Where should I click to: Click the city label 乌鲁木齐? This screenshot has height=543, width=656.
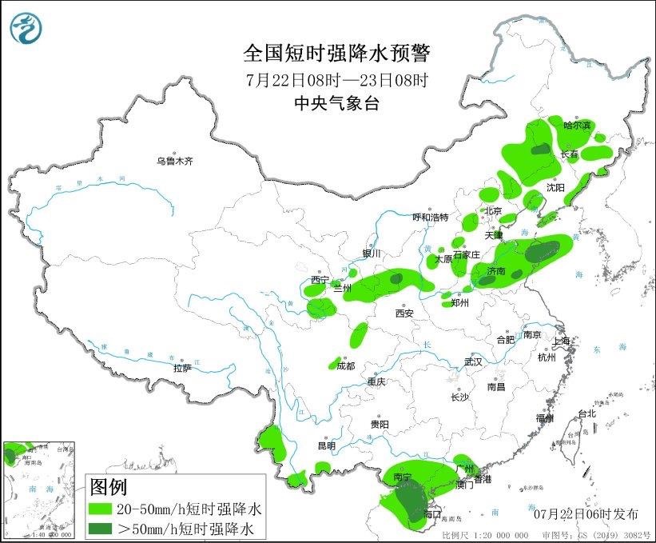(175, 161)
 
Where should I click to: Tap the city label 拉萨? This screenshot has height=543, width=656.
(182, 369)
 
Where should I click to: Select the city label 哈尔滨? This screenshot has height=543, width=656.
(577, 126)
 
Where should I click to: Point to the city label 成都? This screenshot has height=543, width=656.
(345, 367)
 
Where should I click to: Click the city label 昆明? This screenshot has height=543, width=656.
(327, 445)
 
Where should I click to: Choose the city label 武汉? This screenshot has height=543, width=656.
(473, 362)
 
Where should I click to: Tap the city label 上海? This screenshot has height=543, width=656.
(562, 341)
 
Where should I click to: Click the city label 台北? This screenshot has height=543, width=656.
(587, 414)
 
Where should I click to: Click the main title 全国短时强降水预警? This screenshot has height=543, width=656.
(336, 54)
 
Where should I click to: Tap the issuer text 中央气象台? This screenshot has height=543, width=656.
(336, 102)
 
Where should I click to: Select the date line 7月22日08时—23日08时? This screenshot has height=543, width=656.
(336, 79)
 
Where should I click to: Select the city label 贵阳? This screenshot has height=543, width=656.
(380, 425)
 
